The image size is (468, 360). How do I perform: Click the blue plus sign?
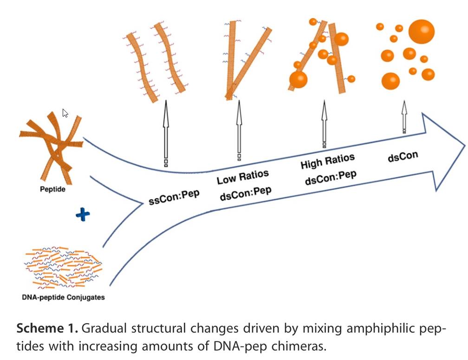click(x=82, y=214)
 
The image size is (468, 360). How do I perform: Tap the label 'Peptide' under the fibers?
click(x=52, y=190)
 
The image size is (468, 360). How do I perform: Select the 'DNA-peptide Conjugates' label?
click(x=63, y=297)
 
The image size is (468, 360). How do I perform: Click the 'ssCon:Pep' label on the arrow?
click(x=175, y=197)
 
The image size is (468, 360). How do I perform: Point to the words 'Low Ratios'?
click(x=242, y=177)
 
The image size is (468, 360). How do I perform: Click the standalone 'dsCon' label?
click(x=403, y=157)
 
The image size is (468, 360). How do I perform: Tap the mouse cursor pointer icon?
click(x=65, y=113)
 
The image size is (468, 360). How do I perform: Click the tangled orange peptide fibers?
click(x=51, y=144)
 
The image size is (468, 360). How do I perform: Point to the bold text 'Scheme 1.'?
click(x=45, y=329)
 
